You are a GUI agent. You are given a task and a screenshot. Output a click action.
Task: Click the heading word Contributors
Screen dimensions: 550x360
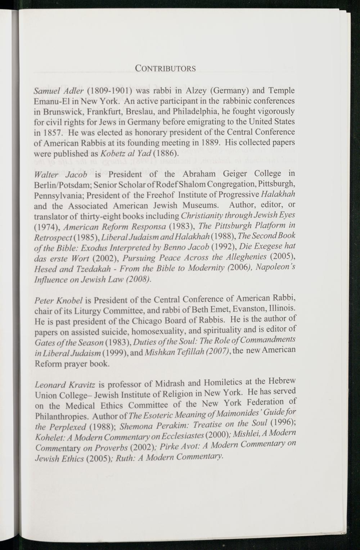coord(165,68)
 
